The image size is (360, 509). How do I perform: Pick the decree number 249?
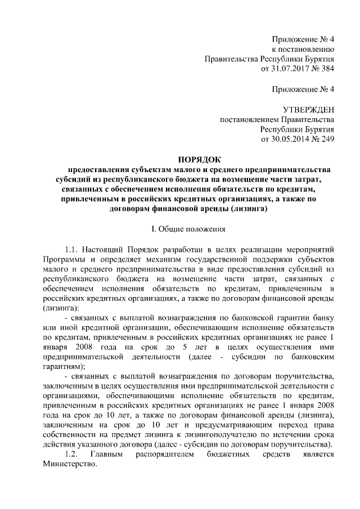pyautogui.click(x=326, y=139)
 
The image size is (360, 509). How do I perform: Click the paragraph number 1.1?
pyautogui.click(x=72, y=249)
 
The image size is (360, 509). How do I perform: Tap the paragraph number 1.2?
pyautogui.click(x=71, y=455)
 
